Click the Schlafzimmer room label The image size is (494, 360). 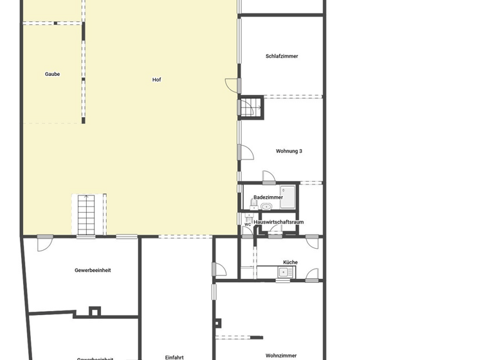(282, 57)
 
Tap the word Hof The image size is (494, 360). (156, 80)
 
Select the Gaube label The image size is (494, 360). (52, 74)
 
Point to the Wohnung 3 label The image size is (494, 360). (289, 151)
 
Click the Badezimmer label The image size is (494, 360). (268, 197)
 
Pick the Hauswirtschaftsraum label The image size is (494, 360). (279, 222)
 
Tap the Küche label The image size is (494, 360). (290, 262)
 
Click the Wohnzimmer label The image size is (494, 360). (281, 355)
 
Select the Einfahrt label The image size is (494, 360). (174, 357)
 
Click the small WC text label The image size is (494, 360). (248, 224)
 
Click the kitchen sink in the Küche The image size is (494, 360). (284, 273)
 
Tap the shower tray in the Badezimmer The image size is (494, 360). (288, 197)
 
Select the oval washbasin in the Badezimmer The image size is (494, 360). (266, 206)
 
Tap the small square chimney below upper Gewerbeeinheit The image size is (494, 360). (95, 312)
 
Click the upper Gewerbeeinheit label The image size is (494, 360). (93, 271)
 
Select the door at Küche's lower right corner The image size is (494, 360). (312, 276)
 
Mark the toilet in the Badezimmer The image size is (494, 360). (253, 205)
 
